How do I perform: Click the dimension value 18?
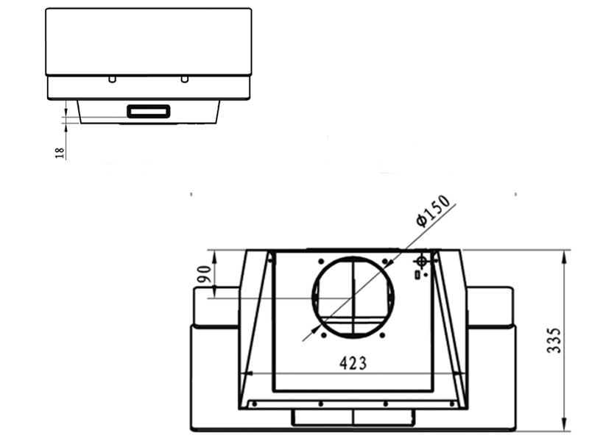(x=60, y=152)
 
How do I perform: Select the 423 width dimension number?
(x=353, y=363)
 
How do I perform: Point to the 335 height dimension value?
(x=554, y=340)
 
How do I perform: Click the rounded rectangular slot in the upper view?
(x=149, y=112)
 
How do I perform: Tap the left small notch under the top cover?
(x=111, y=79)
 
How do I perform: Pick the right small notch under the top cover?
(x=185, y=79)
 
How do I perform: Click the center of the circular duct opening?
(x=353, y=297)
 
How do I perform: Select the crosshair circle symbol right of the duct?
(x=421, y=261)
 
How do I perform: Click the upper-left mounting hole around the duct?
(x=321, y=261)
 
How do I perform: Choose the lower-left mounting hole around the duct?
(x=322, y=335)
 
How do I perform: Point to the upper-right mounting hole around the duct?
(x=384, y=261)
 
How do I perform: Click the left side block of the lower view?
(x=216, y=306)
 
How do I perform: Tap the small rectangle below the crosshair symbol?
(x=417, y=275)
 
